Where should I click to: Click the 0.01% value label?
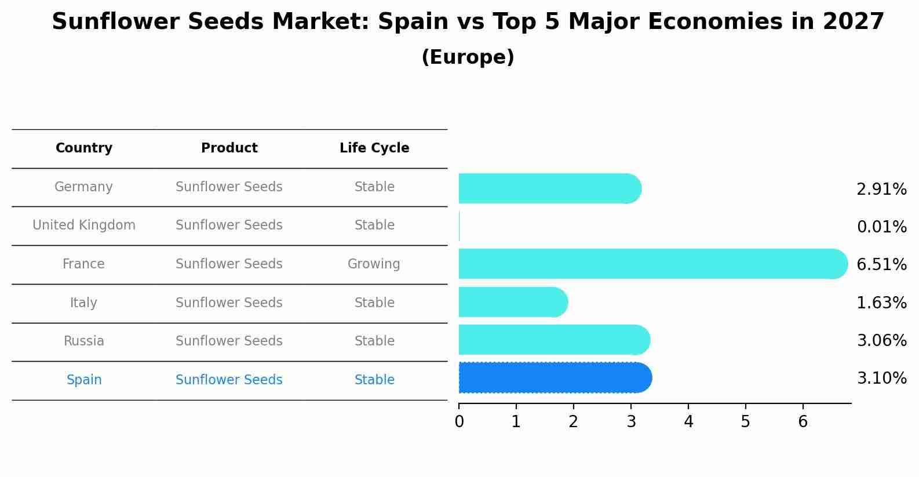(x=881, y=227)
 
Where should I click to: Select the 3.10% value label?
(x=881, y=378)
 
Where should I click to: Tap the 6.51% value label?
(x=881, y=265)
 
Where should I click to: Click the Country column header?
(x=84, y=148)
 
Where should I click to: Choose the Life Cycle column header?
(x=374, y=148)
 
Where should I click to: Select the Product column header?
(x=229, y=148)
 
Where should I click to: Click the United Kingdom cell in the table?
(x=84, y=225)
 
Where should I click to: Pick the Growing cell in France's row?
(x=374, y=264)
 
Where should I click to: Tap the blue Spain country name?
(x=84, y=380)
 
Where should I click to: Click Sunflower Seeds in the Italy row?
(x=229, y=303)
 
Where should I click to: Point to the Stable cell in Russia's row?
(x=374, y=341)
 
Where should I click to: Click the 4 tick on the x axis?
(x=688, y=422)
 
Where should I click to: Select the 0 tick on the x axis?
(x=459, y=422)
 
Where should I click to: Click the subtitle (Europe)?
(x=468, y=57)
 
